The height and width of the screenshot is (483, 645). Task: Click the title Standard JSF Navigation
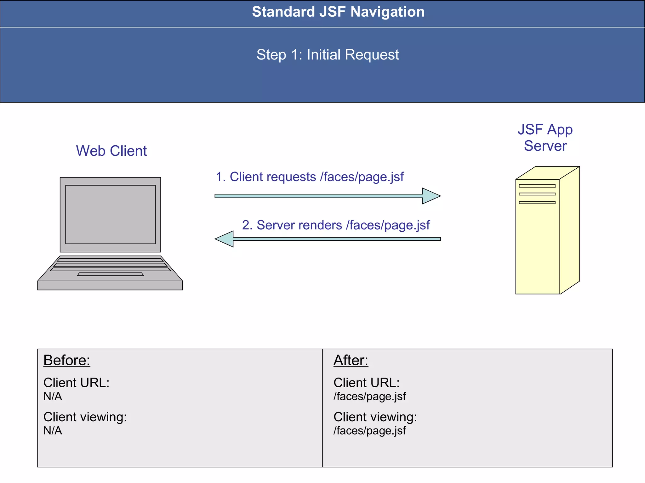click(x=338, y=12)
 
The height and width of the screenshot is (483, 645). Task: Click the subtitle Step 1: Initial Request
click(x=328, y=55)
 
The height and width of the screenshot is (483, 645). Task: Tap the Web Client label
click(x=111, y=151)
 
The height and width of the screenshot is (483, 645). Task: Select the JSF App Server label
click(x=545, y=138)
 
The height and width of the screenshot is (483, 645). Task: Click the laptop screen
click(x=110, y=214)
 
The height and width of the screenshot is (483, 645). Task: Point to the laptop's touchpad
click(x=111, y=274)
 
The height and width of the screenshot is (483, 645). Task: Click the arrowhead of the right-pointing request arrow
click(x=431, y=196)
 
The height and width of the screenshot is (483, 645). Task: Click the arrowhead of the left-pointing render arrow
click(x=225, y=239)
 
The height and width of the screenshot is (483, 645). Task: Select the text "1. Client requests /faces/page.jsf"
click(x=310, y=177)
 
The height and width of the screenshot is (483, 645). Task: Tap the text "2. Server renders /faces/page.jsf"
click(x=336, y=225)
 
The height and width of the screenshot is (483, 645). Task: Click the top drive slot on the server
click(x=537, y=186)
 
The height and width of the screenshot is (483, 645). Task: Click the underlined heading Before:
click(x=67, y=360)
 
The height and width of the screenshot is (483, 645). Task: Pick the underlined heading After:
click(x=351, y=360)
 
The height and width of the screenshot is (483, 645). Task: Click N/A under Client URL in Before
click(x=53, y=396)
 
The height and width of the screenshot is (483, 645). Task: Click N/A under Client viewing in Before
click(x=53, y=431)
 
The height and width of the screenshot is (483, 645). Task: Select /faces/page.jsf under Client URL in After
click(x=369, y=396)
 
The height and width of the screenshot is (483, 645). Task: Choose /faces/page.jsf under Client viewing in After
click(x=369, y=431)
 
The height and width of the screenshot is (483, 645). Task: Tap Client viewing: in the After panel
click(x=375, y=417)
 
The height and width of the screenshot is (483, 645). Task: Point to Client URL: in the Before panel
click(x=76, y=383)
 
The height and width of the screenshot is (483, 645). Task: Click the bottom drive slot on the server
click(x=537, y=203)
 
